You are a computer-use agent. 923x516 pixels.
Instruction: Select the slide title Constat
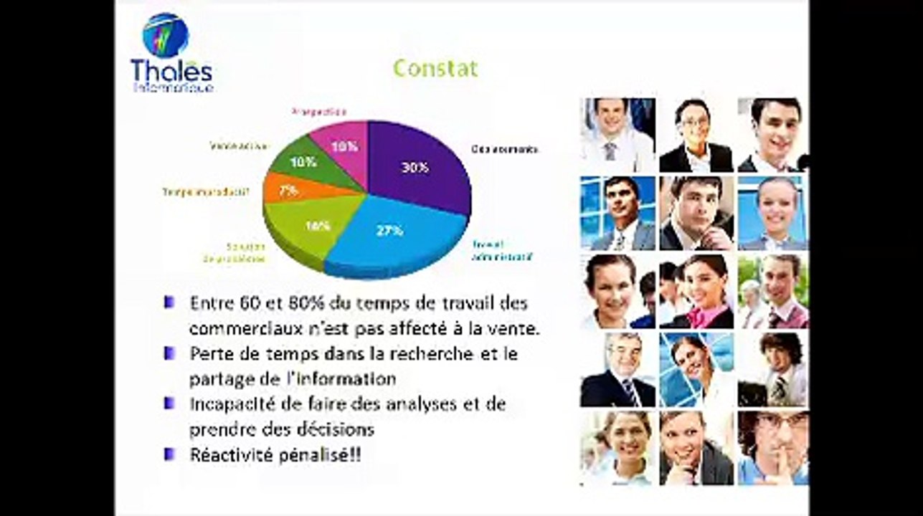tap(435, 68)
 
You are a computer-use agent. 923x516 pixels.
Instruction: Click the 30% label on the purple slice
tap(415, 167)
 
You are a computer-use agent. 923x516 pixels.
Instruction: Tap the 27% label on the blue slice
tap(390, 231)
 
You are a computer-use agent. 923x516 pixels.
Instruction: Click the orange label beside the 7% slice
tap(206, 191)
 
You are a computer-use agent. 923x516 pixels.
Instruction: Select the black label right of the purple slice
tap(504, 149)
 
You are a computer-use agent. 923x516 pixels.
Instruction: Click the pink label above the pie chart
tap(320, 112)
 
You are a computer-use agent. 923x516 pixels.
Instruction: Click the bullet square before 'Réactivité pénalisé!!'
tap(169, 454)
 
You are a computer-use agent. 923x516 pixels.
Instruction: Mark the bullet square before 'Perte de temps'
tap(169, 353)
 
